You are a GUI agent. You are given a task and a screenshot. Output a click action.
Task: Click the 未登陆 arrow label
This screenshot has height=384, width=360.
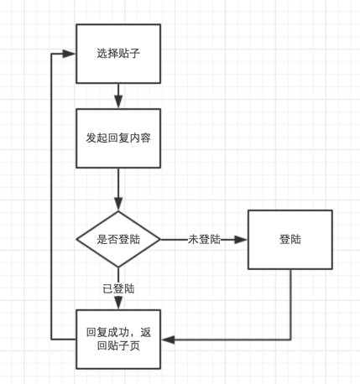pyautogui.click(x=204, y=240)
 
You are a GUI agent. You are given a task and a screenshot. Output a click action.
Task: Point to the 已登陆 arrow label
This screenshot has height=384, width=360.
pyautogui.click(x=118, y=288)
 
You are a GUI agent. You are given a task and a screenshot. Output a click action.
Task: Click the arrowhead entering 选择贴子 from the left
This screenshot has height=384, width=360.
pyautogui.click(x=69, y=54)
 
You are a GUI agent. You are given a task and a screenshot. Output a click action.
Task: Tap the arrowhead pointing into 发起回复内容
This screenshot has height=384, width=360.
pyautogui.click(x=118, y=101)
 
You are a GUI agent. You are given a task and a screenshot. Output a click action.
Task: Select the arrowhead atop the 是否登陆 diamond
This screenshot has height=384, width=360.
pyautogui.click(x=118, y=204)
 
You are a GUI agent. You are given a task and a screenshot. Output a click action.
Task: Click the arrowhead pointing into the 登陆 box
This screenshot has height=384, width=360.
pyautogui.click(x=241, y=240)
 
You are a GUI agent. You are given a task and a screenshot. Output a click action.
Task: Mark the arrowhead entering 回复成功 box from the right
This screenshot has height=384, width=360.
pyautogui.click(x=168, y=340)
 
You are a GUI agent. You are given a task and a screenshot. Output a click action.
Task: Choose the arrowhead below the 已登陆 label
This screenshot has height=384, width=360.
pyautogui.click(x=118, y=303)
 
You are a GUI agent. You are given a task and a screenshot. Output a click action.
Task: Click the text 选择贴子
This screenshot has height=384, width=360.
pyautogui.click(x=118, y=54)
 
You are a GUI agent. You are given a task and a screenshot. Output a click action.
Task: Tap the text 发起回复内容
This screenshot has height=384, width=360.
pyautogui.click(x=118, y=138)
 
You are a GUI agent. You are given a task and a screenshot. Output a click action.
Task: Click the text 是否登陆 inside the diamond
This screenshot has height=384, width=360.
pyautogui.click(x=118, y=240)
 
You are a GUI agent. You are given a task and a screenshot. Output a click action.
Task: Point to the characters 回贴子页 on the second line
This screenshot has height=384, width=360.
pyautogui.click(x=118, y=345)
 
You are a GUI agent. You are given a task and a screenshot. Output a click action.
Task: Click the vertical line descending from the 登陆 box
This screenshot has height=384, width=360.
pyautogui.click(x=290, y=304)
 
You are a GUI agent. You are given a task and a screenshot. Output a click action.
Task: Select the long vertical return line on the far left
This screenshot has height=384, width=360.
pyautogui.click(x=51, y=196)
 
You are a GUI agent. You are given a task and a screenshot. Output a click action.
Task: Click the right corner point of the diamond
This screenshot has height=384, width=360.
pyautogui.click(x=160, y=240)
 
